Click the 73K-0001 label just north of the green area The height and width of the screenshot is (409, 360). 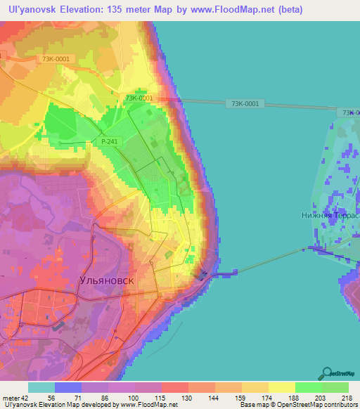[139, 98]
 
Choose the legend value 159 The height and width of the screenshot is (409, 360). [229, 398]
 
